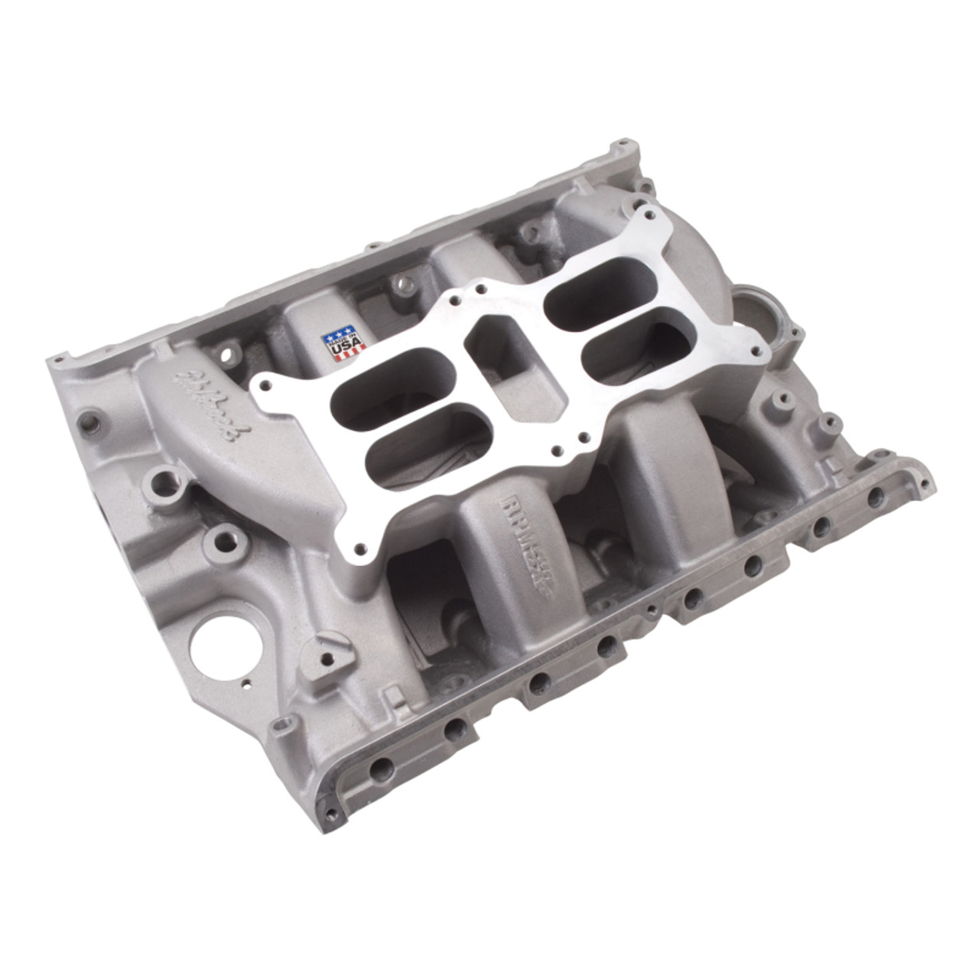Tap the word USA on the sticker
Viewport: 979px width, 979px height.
[337, 352]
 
